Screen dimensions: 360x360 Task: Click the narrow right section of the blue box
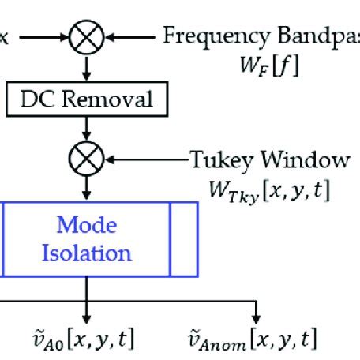tap(183, 239)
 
